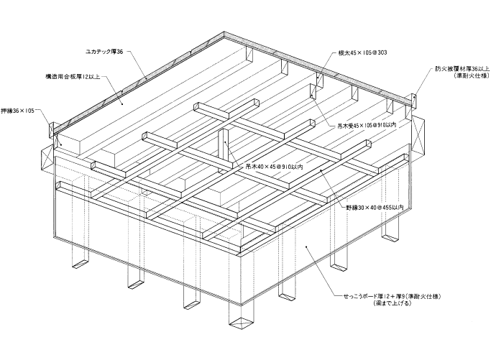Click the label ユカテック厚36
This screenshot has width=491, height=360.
click(x=104, y=52)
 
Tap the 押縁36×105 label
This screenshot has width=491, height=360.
click(x=17, y=111)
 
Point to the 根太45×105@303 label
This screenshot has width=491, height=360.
click(x=362, y=52)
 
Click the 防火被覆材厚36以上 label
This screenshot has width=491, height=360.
click(x=462, y=69)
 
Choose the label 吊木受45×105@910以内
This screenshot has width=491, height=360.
click(x=367, y=125)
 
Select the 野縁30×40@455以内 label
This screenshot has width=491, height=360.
click(x=375, y=207)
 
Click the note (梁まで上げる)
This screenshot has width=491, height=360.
click(x=391, y=303)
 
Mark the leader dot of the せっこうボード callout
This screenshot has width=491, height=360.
click(x=306, y=247)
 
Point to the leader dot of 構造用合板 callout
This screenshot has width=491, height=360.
click(x=123, y=103)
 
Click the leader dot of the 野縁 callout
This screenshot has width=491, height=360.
click(x=321, y=170)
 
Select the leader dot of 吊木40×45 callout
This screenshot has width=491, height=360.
click(x=224, y=142)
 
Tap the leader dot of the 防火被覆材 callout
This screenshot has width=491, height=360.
click(x=414, y=98)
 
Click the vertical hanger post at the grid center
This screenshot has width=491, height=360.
click(x=224, y=148)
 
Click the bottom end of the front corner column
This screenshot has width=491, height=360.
click(x=241, y=323)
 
